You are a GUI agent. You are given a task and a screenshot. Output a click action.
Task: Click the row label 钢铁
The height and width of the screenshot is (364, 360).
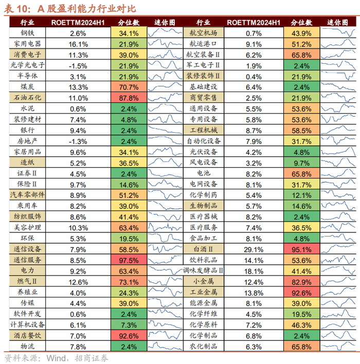point(28,33)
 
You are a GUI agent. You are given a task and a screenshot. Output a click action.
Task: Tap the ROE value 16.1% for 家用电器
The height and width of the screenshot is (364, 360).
point(77,44)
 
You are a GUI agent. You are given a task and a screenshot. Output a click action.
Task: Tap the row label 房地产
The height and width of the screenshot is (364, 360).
point(28,141)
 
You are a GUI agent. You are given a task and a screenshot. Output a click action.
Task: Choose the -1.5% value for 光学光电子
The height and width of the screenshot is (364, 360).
point(77,66)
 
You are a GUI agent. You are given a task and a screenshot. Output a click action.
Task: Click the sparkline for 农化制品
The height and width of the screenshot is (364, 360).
point(339,347)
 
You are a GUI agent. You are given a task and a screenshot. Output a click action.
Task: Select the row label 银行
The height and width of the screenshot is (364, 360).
point(28,130)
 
